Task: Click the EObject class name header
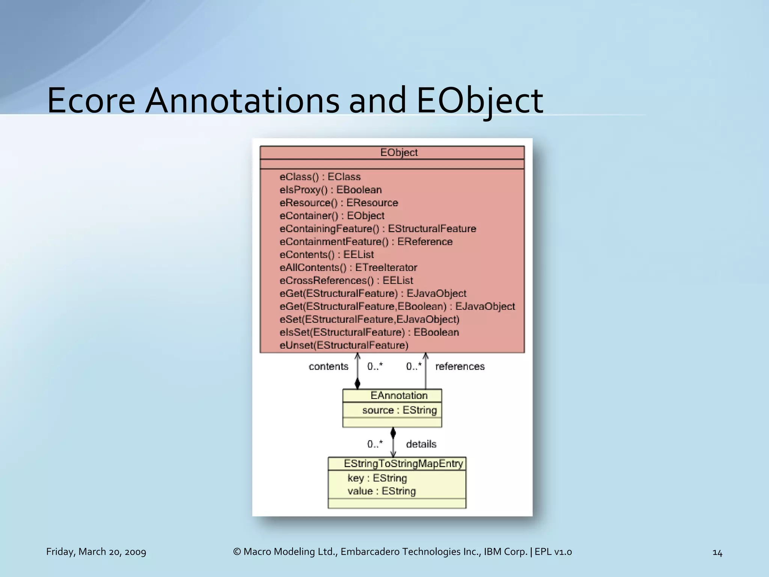398,153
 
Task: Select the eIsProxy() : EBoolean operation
330,190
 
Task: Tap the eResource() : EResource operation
339,203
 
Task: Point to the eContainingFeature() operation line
378,229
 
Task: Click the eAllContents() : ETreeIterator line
348,267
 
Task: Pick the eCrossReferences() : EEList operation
346,281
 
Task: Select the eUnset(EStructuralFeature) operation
344,345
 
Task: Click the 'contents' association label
328,367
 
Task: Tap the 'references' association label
460,367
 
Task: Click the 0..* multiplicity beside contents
375,367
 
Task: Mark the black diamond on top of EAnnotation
357,384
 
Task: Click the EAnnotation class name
399,396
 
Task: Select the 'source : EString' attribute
399,410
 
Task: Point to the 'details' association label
421,444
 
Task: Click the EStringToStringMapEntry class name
403,464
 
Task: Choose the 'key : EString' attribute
377,478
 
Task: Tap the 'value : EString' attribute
381,491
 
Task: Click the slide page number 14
717,553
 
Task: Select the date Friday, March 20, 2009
96,552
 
